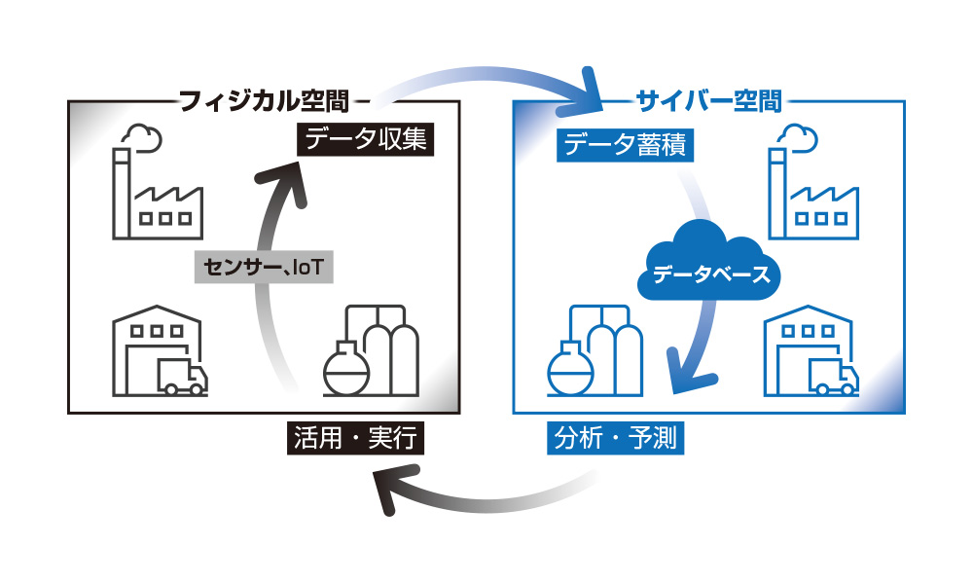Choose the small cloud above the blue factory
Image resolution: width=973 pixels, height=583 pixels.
point(799,138)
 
